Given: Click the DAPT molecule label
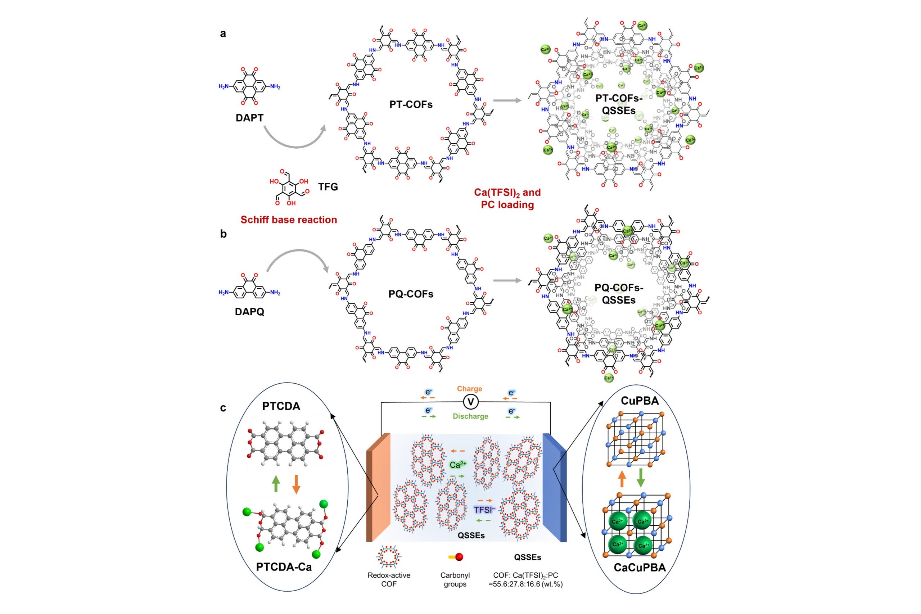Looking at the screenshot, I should [x=249, y=118].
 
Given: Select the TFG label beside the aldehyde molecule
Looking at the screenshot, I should [x=328, y=187].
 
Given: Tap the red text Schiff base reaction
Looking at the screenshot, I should [x=289, y=220].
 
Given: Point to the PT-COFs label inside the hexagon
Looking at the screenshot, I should [x=411, y=104].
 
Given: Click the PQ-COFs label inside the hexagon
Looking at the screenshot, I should [x=411, y=294].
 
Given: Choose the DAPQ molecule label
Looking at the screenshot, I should [x=249, y=312].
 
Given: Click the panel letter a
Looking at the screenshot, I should [x=223, y=34].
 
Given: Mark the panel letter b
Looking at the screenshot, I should [x=223, y=234].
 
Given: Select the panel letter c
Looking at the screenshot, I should [x=223, y=408].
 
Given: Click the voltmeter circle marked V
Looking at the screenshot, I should [x=471, y=402].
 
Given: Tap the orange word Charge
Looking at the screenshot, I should [x=470, y=389].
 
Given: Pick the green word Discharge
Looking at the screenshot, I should [x=470, y=416].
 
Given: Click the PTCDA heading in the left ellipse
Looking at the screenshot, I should [x=281, y=406].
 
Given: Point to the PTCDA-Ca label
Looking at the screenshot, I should [x=284, y=566].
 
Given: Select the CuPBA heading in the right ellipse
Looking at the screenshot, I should [x=640, y=401].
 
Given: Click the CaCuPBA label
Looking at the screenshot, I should [x=640, y=568].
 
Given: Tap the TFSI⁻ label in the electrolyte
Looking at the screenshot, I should [x=484, y=510].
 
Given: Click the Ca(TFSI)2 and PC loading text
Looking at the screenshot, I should [x=507, y=199].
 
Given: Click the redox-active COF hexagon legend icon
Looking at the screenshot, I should [x=388, y=556].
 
